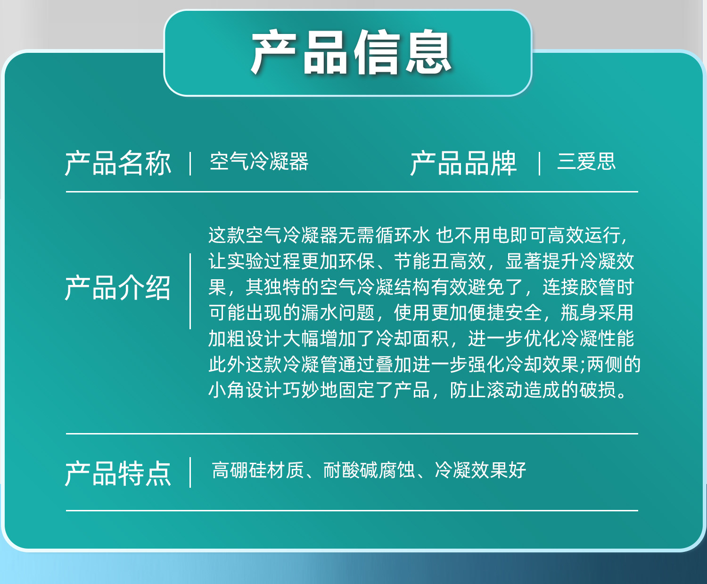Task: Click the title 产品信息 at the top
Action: (x=351, y=52)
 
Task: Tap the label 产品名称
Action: (x=118, y=163)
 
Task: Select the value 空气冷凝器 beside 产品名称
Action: (x=259, y=161)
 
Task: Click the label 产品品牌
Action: (x=463, y=163)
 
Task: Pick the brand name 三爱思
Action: (x=586, y=161)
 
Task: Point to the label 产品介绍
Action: (x=118, y=288)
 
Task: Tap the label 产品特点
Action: (x=118, y=474)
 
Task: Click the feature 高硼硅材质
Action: (x=258, y=470)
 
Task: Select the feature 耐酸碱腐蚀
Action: (x=369, y=470)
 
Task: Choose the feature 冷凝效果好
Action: (x=480, y=470)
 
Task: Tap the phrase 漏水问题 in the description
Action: (x=338, y=312)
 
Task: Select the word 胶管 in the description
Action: (x=598, y=287)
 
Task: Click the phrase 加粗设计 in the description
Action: (x=245, y=338)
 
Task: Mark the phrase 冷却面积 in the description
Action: (x=412, y=338)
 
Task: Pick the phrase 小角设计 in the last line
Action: (x=245, y=390)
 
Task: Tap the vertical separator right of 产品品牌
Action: (x=539, y=163)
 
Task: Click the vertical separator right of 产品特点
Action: (x=190, y=472)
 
